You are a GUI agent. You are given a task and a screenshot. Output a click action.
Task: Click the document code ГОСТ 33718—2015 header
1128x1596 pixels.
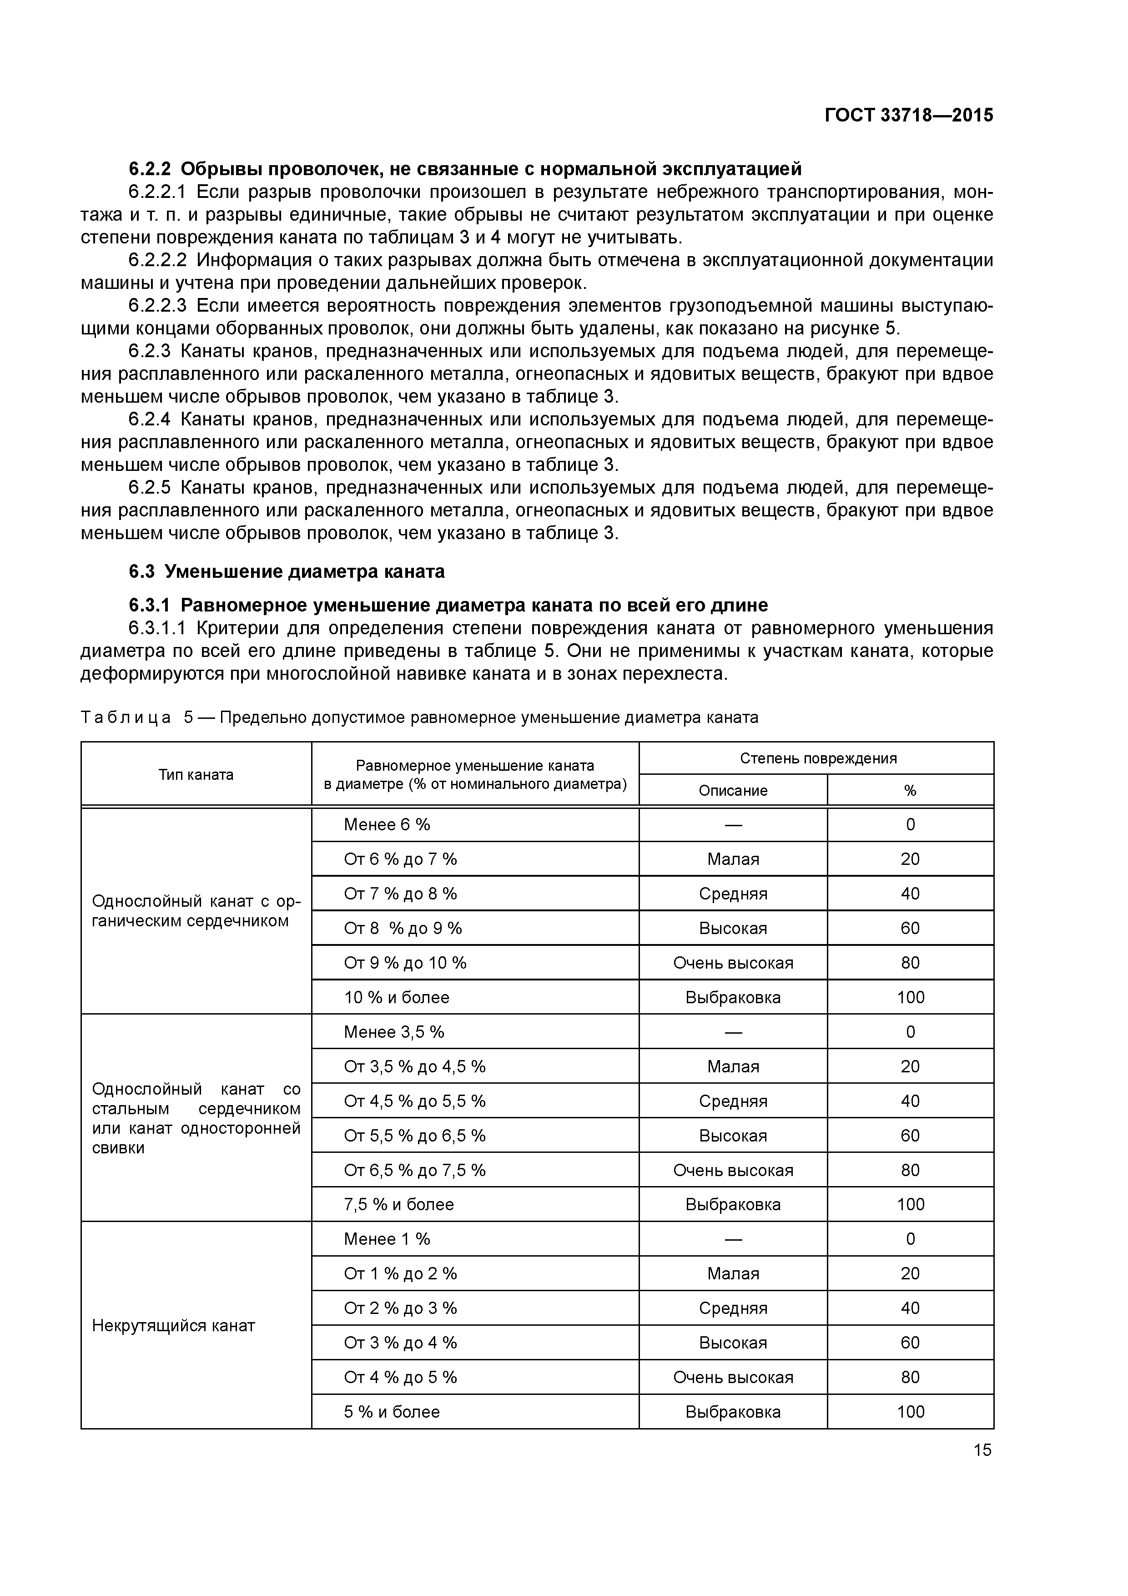point(908,116)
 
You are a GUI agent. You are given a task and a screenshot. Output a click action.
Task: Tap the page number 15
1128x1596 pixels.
point(982,1450)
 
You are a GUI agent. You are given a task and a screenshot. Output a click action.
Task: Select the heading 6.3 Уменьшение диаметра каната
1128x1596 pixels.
point(287,571)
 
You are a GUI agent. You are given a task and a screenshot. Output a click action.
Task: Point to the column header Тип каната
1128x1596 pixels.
point(196,774)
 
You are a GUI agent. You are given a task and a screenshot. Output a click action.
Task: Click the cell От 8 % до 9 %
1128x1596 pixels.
point(403,929)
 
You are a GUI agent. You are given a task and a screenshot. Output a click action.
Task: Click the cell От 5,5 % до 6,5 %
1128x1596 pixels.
point(414,1136)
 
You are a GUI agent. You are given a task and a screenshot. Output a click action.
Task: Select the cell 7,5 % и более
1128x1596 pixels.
point(398,1205)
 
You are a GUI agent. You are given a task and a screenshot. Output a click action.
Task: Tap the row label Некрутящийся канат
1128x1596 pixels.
point(174,1326)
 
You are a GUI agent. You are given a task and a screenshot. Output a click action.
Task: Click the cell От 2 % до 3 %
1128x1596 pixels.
point(400,1308)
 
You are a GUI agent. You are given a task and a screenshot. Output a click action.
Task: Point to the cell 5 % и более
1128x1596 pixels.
point(392,1412)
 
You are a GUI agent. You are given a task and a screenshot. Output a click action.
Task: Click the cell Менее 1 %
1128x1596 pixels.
point(387,1239)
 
